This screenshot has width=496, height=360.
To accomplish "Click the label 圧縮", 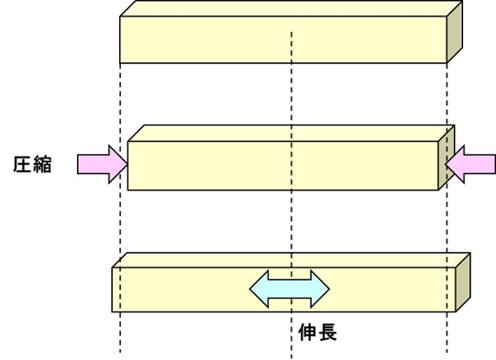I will click(x=33, y=166).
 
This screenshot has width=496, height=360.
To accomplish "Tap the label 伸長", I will click(x=318, y=332).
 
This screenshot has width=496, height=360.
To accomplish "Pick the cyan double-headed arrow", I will click(x=290, y=289).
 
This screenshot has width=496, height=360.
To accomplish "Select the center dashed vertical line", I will click(x=292, y=92).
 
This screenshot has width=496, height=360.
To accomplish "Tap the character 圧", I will click(x=23, y=166).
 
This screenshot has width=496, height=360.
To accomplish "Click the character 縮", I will click(x=43, y=166).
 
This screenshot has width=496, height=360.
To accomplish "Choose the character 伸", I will click(x=308, y=332).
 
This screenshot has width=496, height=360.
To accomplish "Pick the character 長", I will click(x=328, y=332).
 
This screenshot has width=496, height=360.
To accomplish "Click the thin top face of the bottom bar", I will click(x=229, y=260).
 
